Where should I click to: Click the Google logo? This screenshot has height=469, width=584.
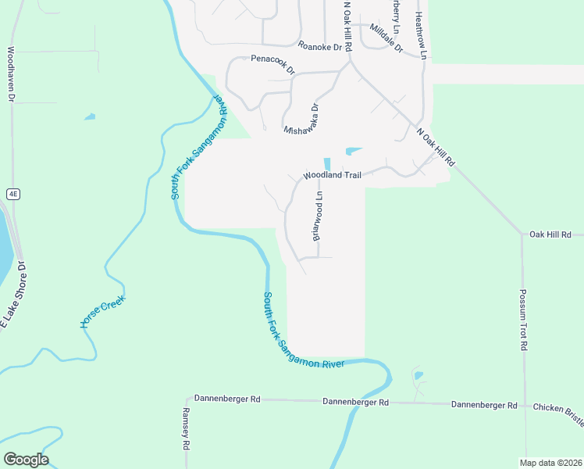(x=26, y=460)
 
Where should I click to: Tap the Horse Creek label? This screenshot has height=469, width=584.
(x=102, y=311)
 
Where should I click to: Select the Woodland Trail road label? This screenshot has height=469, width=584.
(x=332, y=176)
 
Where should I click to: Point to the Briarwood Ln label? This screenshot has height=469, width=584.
(x=319, y=217)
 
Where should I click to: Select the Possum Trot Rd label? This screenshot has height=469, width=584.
(x=524, y=320)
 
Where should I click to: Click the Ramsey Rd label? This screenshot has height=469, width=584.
(x=186, y=428)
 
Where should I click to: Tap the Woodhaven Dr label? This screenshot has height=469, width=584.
(x=11, y=74)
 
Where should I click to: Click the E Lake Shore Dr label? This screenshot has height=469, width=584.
(x=12, y=297)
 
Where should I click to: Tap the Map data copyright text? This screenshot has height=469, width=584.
(x=550, y=463)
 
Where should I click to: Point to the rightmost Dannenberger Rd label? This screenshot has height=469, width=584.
(x=484, y=405)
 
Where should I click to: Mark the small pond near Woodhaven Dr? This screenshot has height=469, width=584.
(x=90, y=117)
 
